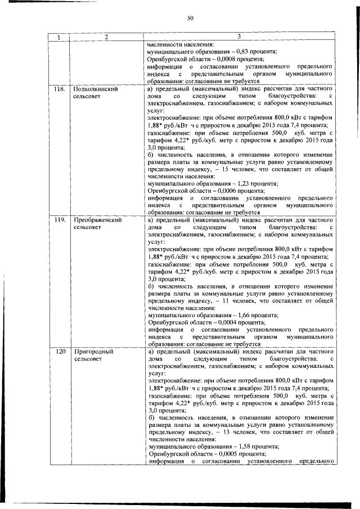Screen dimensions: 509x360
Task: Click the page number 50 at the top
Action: click(x=190, y=19)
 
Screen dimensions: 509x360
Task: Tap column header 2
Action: click(x=105, y=37)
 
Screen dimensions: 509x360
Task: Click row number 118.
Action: click(x=59, y=89)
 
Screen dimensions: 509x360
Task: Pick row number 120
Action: click(x=58, y=351)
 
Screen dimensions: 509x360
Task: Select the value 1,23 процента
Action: click(x=249, y=183)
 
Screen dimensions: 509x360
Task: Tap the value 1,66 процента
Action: click(x=249, y=315)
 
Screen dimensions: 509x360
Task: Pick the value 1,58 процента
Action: click(x=249, y=447)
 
